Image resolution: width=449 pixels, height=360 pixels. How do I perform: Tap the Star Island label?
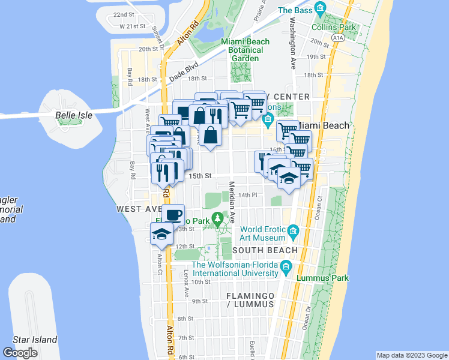pos(36,340)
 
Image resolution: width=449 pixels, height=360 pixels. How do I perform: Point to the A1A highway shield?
pos(337,38)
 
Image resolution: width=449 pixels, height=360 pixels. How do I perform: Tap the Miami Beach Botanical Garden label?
pos(242,46)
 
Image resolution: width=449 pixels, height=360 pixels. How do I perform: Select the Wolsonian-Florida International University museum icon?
pos(286,265)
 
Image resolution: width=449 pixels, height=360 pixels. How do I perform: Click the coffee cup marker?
pos(173,215)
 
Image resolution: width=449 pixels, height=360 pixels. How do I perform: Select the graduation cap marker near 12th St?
pos(161,235)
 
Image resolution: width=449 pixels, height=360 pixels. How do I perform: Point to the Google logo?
pos(20,353)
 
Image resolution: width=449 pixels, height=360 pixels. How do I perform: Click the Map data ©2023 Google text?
pos(411,355)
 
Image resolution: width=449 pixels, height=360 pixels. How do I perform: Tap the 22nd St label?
pos(123,14)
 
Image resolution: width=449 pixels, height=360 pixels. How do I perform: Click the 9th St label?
pos(199,301)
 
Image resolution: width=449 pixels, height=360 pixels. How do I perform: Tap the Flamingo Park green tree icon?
pos(218,217)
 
